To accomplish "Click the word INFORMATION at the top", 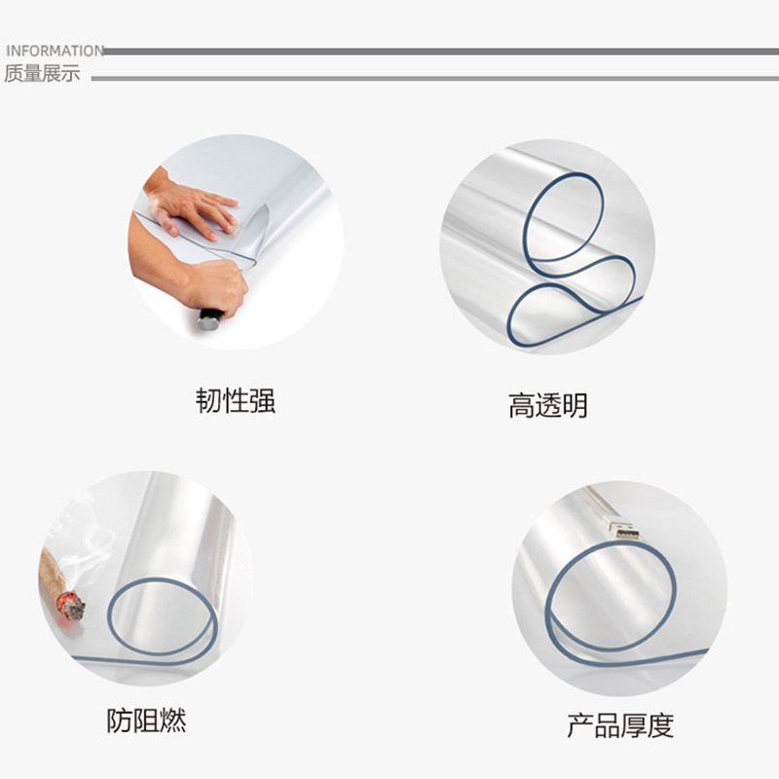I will (x=54, y=51).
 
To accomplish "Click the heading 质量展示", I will (x=42, y=74).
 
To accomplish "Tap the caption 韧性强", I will (x=236, y=400).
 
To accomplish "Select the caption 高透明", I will (x=547, y=405).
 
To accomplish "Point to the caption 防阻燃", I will (x=146, y=721).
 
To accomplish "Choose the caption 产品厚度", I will (x=620, y=725).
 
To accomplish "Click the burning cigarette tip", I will (x=70, y=605).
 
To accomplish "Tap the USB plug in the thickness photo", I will (x=623, y=530).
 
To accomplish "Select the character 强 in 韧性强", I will (x=263, y=400).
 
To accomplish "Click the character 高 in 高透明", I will (x=521, y=405).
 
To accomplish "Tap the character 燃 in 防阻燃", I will (x=172, y=721).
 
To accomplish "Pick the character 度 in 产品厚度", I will (x=660, y=725).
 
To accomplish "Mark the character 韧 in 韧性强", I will (x=208, y=400).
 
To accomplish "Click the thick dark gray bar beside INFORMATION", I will (x=438, y=51).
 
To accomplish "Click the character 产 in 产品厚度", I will (x=580, y=725).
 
